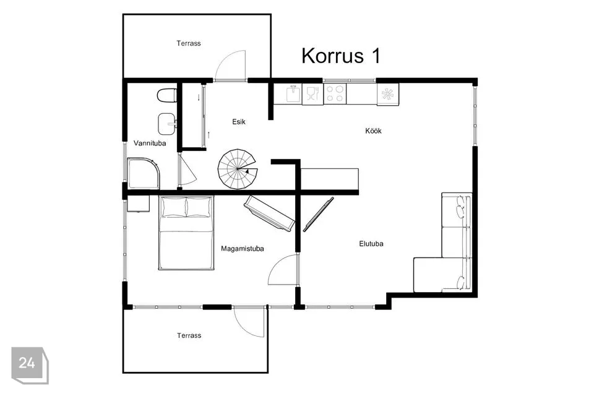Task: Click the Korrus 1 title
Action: pyautogui.click(x=341, y=56)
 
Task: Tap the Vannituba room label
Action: pyautogui.click(x=150, y=144)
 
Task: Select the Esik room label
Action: pyautogui.click(x=239, y=122)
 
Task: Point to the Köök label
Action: pyautogui.click(x=373, y=131)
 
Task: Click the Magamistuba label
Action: pyautogui.click(x=242, y=249)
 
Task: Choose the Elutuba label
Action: pyautogui.click(x=371, y=244)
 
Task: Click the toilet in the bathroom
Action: pyautogui.click(x=166, y=95)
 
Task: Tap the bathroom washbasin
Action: pyautogui.click(x=166, y=124)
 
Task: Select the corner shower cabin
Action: pyautogui.click(x=143, y=173)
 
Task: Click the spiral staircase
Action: pyautogui.click(x=237, y=169)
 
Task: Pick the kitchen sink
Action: pyautogui.click(x=293, y=94)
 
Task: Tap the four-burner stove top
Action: pyautogui.click(x=335, y=94)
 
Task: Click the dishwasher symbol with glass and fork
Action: pyautogui.click(x=312, y=94)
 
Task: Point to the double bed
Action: pyautogui.click(x=186, y=233)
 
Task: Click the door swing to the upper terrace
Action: pyautogui.click(x=230, y=65)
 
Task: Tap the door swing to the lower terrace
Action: pyautogui.click(x=249, y=321)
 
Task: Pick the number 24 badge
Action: pyautogui.click(x=30, y=365)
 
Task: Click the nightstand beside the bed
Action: pyautogui.click(x=138, y=204)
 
